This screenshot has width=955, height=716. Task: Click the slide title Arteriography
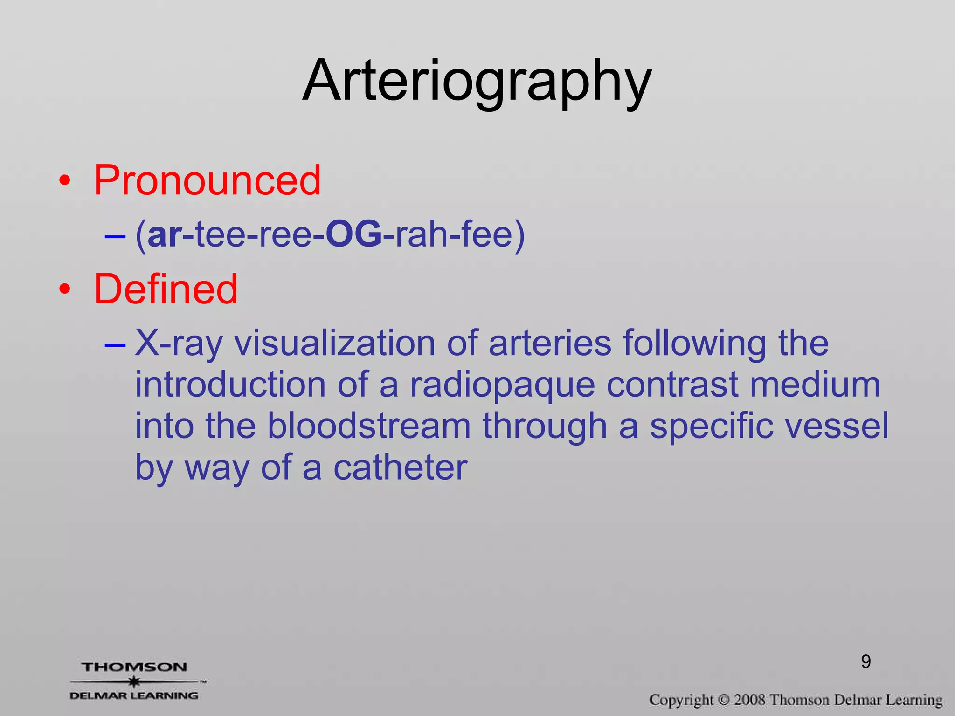pos(477,82)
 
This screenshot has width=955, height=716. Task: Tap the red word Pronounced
pos(207,180)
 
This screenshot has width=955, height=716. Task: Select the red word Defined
pos(166,289)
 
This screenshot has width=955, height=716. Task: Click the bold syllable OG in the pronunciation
pos(353,234)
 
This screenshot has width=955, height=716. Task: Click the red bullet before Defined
pos(65,289)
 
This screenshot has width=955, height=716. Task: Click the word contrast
pos(672,385)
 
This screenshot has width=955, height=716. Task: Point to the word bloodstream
pos(369,426)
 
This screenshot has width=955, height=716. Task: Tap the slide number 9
pos(866,662)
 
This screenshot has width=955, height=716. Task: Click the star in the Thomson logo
pos(134,682)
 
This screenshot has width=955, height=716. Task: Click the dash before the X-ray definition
pos(115,345)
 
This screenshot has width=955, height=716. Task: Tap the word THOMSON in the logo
pos(134,667)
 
